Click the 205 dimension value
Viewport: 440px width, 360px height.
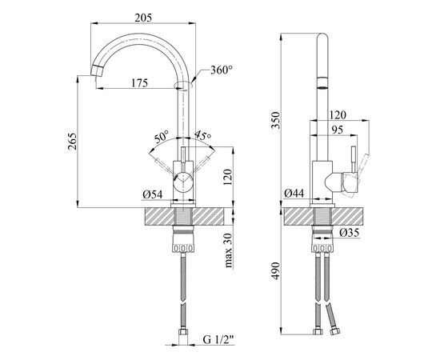(143, 18)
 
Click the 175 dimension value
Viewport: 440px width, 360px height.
(139, 82)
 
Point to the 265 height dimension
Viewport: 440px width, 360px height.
(72, 142)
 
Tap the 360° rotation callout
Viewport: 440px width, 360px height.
(222, 70)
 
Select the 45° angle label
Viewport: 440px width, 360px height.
(202, 135)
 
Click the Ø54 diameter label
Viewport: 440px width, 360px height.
(152, 194)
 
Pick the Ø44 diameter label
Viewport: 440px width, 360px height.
(294, 193)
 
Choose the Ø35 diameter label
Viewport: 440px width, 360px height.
(349, 233)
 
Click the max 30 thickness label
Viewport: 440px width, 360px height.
(229, 250)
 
